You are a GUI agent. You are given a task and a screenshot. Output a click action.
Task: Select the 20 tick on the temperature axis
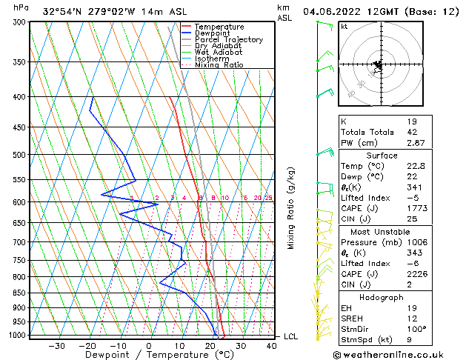pyautogui.click(x=210, y=346)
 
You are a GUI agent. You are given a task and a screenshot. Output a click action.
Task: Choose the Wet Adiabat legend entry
pyautogui.click(x=218, y=52)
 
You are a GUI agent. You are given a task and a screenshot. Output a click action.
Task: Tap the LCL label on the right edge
pyautogui.click(x=292, y=336)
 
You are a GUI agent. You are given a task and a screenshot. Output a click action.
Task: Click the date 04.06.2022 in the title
pyautogui.click(x=332, y=10)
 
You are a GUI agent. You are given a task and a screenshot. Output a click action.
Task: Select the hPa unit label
pyautogui.click(x=21, y=7)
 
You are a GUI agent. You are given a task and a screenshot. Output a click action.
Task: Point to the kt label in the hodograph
pyautogui.click(x=344, y=27)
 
